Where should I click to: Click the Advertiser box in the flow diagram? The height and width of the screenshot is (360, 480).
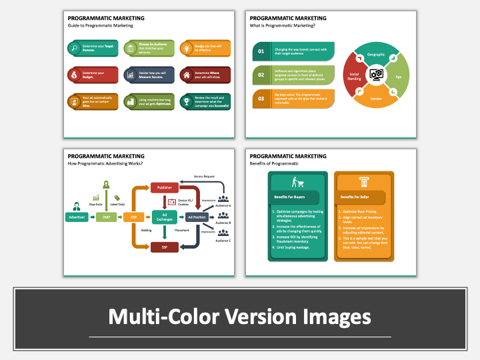click(76, 217)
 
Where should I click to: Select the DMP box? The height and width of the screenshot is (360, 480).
click(106, 217)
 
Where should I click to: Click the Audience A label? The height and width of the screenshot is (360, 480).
click(223, 206)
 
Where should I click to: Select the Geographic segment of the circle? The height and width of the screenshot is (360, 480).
click(376, 54)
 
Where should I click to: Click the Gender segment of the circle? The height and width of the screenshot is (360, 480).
click(376, 99)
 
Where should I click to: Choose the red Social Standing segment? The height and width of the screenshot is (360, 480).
click(353, 76)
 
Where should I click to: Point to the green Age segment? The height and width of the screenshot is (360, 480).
click(399, 76)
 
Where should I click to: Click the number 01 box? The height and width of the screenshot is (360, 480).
click(261, 51)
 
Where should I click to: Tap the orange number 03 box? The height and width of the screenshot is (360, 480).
click(261, 99)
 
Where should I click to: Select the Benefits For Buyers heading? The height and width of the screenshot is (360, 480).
click(289, 197)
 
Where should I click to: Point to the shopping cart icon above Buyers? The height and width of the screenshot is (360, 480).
click(297, 181)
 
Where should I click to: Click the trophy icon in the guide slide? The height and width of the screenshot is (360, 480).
click(186, 101)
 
